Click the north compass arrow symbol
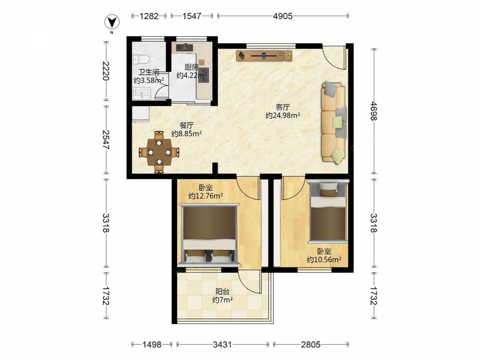[x=112, y=22]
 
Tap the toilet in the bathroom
[x=141, y=59]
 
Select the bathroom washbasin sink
[x=142, y=94]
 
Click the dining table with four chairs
[x=159, y=152]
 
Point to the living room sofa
[x=334, y=122]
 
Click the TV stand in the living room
[x=264, y=56]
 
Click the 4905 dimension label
[x=283, y=16]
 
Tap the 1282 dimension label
[x=149, y=16]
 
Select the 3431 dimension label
[x=223, y=345]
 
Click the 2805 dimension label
[x=311, y=345]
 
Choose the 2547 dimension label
[x=106, y=140]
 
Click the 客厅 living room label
[x=283, y=107]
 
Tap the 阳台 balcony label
[x=223, y=291]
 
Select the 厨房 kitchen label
[x=192, y=67]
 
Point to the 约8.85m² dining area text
[x=186, y=134]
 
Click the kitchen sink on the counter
[x=184, y=47]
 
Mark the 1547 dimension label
[x=192, y=16]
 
